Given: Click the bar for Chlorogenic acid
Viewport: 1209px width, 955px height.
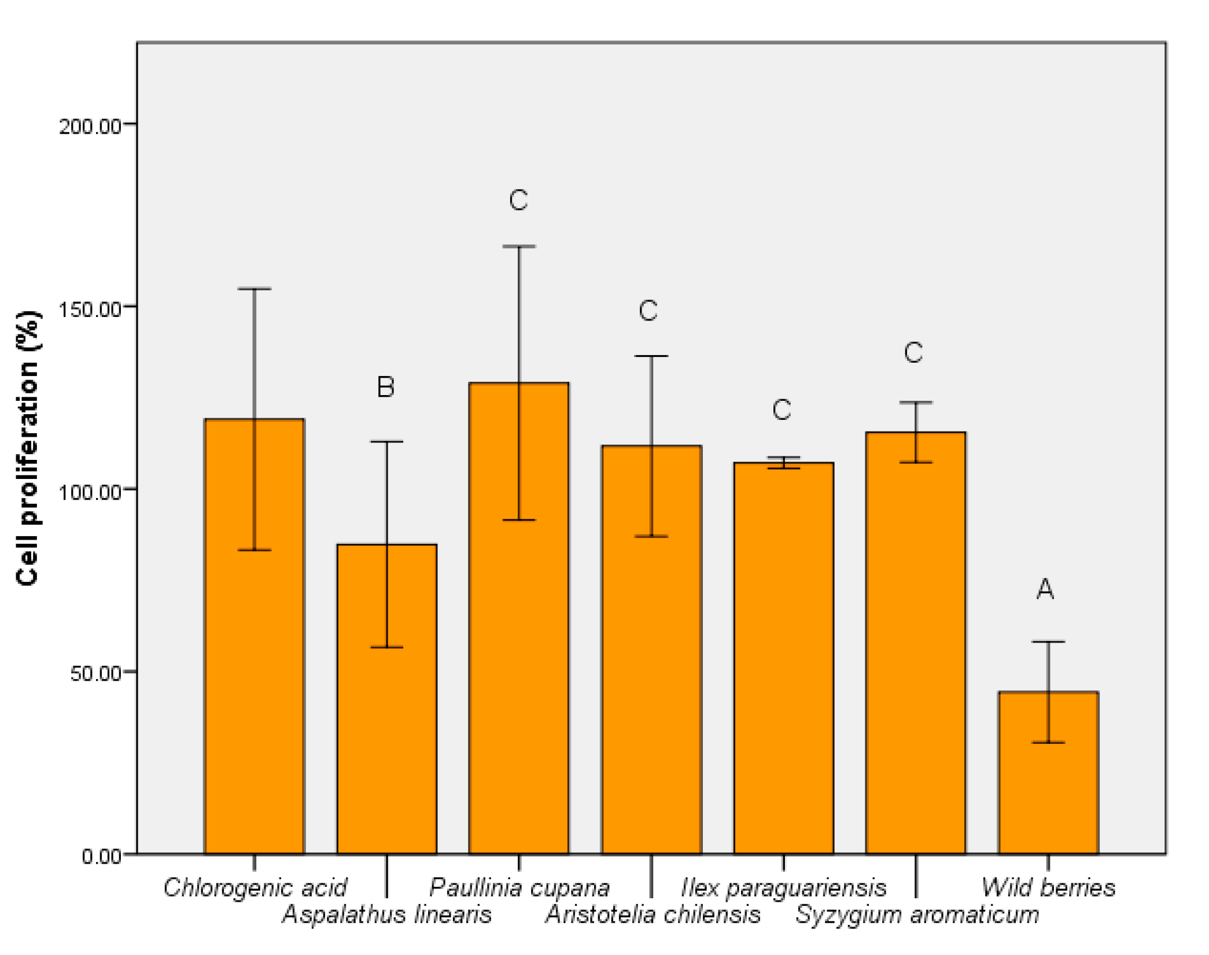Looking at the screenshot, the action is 255,636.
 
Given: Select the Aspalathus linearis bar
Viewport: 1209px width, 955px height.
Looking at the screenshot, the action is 387,699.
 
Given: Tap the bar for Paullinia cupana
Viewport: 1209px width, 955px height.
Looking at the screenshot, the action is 519,618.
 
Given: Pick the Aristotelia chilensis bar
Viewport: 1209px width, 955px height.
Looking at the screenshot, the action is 651,650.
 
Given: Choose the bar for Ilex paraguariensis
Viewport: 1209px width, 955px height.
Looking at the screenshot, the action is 784,658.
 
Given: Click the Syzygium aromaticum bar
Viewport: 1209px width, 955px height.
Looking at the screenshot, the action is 916,643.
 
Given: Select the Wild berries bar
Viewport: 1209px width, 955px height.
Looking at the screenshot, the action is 1048,773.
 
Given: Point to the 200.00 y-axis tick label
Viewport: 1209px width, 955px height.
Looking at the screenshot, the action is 90,126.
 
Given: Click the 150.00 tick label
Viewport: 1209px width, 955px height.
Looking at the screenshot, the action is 90,308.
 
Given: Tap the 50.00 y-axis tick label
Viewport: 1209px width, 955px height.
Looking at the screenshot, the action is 96,673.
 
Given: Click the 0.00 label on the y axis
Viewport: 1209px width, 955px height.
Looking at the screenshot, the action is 102,856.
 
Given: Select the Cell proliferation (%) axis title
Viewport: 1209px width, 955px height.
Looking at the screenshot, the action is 28,448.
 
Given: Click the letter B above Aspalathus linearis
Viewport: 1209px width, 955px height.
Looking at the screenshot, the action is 386,386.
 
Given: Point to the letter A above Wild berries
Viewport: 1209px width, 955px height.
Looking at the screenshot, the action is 1045,589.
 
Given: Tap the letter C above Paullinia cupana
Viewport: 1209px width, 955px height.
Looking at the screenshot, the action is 518,200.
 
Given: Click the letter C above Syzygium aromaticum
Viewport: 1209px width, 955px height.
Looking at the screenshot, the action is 913,352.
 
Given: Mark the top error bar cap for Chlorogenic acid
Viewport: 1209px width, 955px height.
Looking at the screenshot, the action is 255,289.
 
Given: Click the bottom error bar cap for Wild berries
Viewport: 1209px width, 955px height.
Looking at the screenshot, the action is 1048,742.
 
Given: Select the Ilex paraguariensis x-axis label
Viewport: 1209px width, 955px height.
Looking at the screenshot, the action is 784,887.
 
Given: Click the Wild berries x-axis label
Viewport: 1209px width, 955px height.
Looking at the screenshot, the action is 1048,887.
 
